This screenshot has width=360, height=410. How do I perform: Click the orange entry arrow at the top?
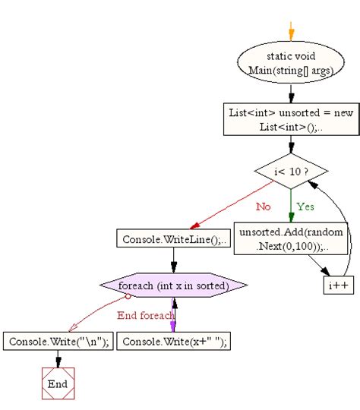[290, 30]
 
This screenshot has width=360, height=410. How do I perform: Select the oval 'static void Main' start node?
[290, 63]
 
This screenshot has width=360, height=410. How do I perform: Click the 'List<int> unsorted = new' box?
[290, 118]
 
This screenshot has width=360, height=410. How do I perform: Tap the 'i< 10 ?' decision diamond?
[290, 172]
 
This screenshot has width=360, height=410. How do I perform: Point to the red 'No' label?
[262, 206]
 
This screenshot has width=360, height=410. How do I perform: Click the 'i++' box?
[337, 285]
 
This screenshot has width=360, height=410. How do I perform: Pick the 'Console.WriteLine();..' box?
[173, 238]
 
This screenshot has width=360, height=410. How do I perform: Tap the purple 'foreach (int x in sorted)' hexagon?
[173, 285]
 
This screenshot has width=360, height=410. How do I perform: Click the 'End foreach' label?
[145, 315]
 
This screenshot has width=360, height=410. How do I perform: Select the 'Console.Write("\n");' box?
[57, 342]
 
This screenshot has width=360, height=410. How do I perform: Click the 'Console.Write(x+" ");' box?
[173, 342]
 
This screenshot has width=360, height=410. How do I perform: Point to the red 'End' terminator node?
[57, 383]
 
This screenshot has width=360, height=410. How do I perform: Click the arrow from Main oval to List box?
[290, 92]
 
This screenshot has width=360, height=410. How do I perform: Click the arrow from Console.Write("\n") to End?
[57, 359]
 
